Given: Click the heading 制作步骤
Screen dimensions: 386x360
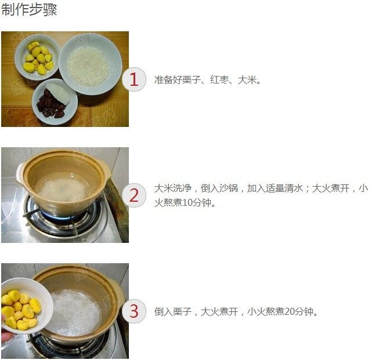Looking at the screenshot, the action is click(x=29, y=10).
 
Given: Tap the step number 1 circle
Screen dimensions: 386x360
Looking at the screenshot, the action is click(x=134, y=79).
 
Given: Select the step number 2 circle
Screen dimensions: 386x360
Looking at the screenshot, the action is click(x=134, y=195).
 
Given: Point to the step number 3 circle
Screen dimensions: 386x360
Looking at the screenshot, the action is click(x=134, y=311).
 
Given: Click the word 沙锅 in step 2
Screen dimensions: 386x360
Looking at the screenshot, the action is click(x=228, y=188).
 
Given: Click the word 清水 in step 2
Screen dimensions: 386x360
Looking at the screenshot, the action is click(x=293, y=188).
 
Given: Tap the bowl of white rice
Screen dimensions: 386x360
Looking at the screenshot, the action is click(x=91, y=64).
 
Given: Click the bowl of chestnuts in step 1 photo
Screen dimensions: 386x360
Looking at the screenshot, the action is click(x=37, y=58).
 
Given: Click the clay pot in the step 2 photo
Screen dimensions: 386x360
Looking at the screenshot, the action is click(x=63, y=183).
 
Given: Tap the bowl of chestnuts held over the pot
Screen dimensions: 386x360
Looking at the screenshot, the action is click(x=26, y=306).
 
